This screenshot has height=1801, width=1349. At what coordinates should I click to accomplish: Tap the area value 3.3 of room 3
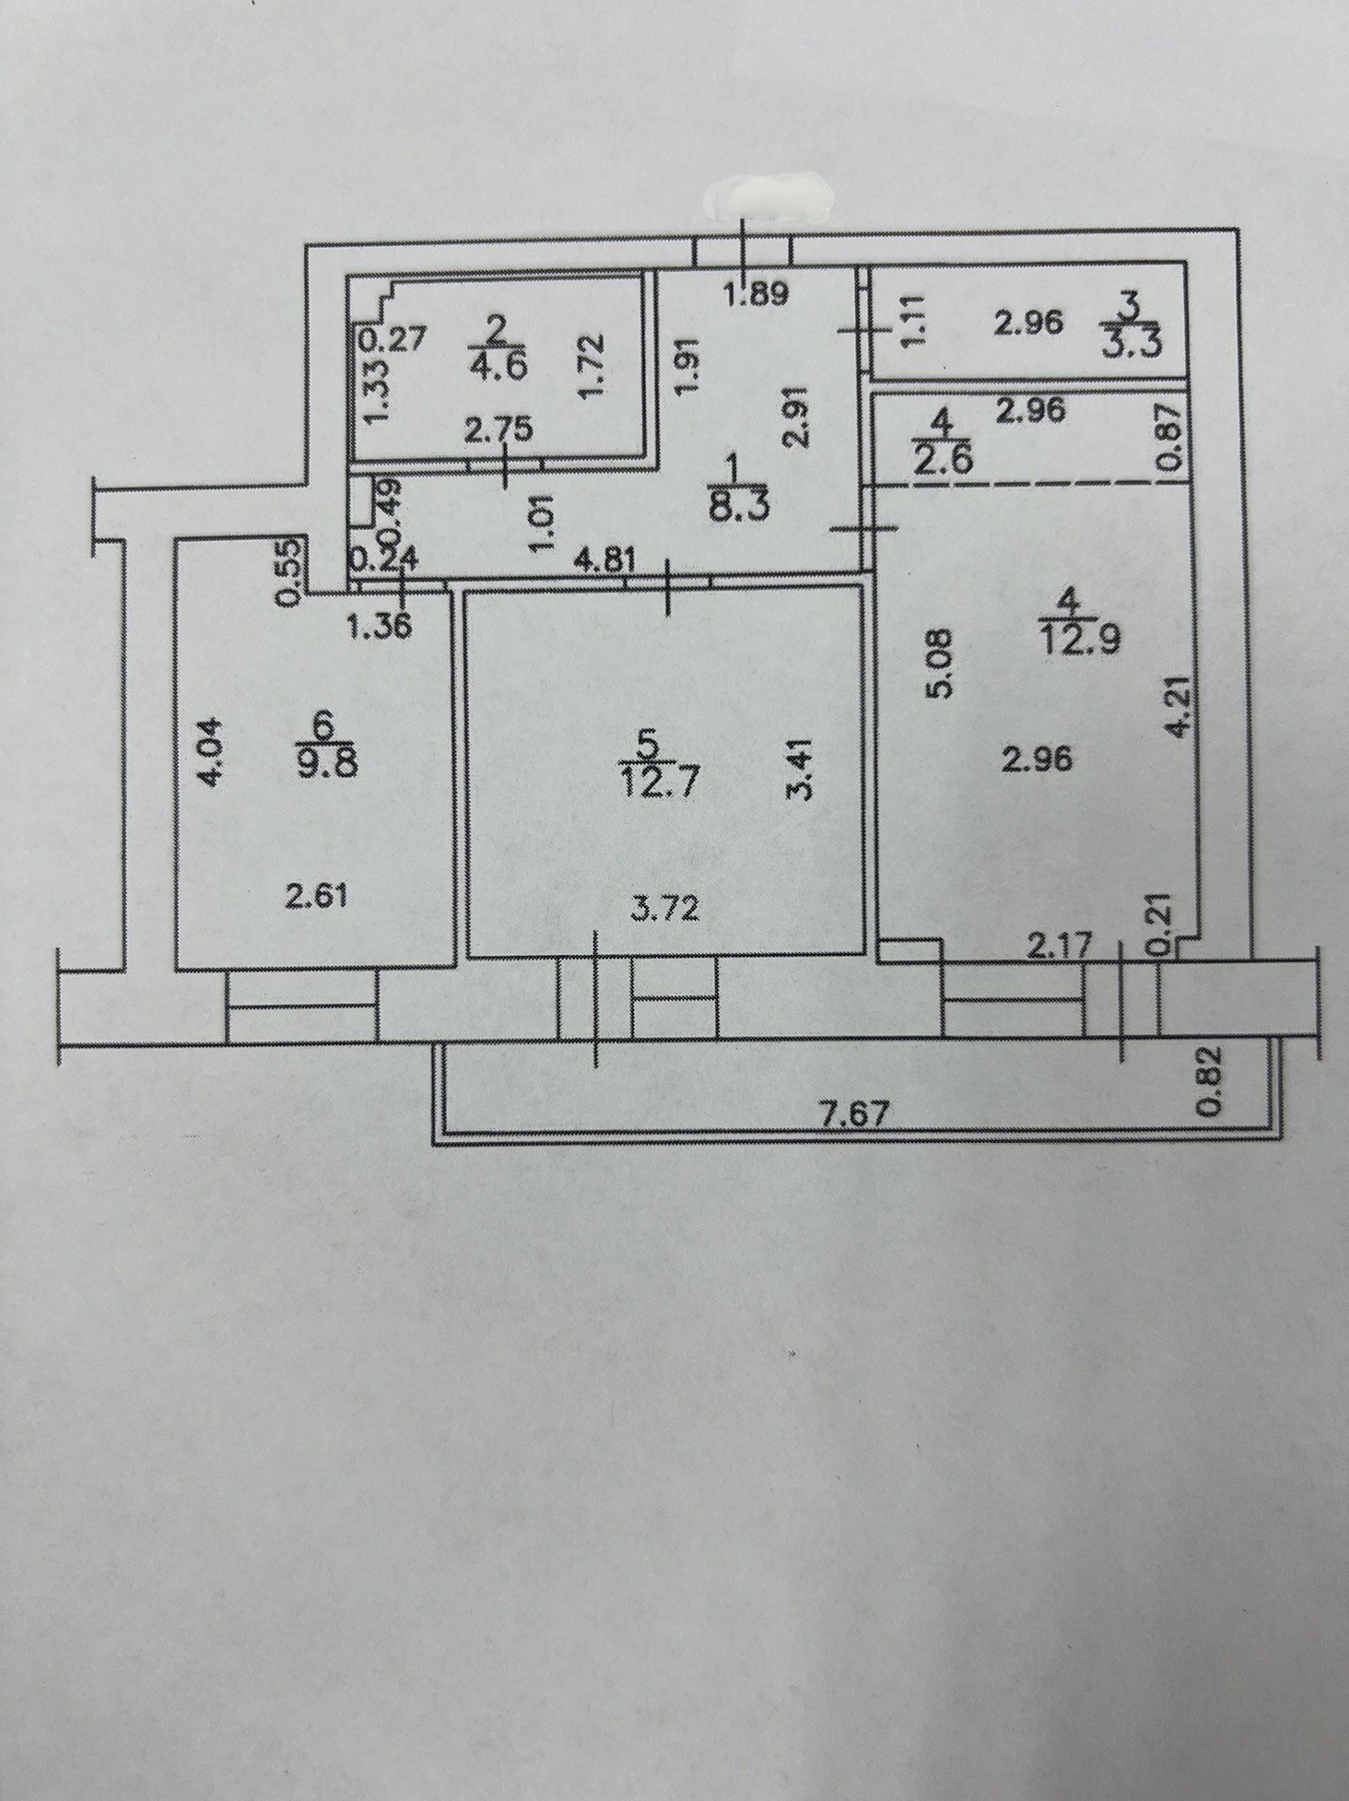click(1133, 349)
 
